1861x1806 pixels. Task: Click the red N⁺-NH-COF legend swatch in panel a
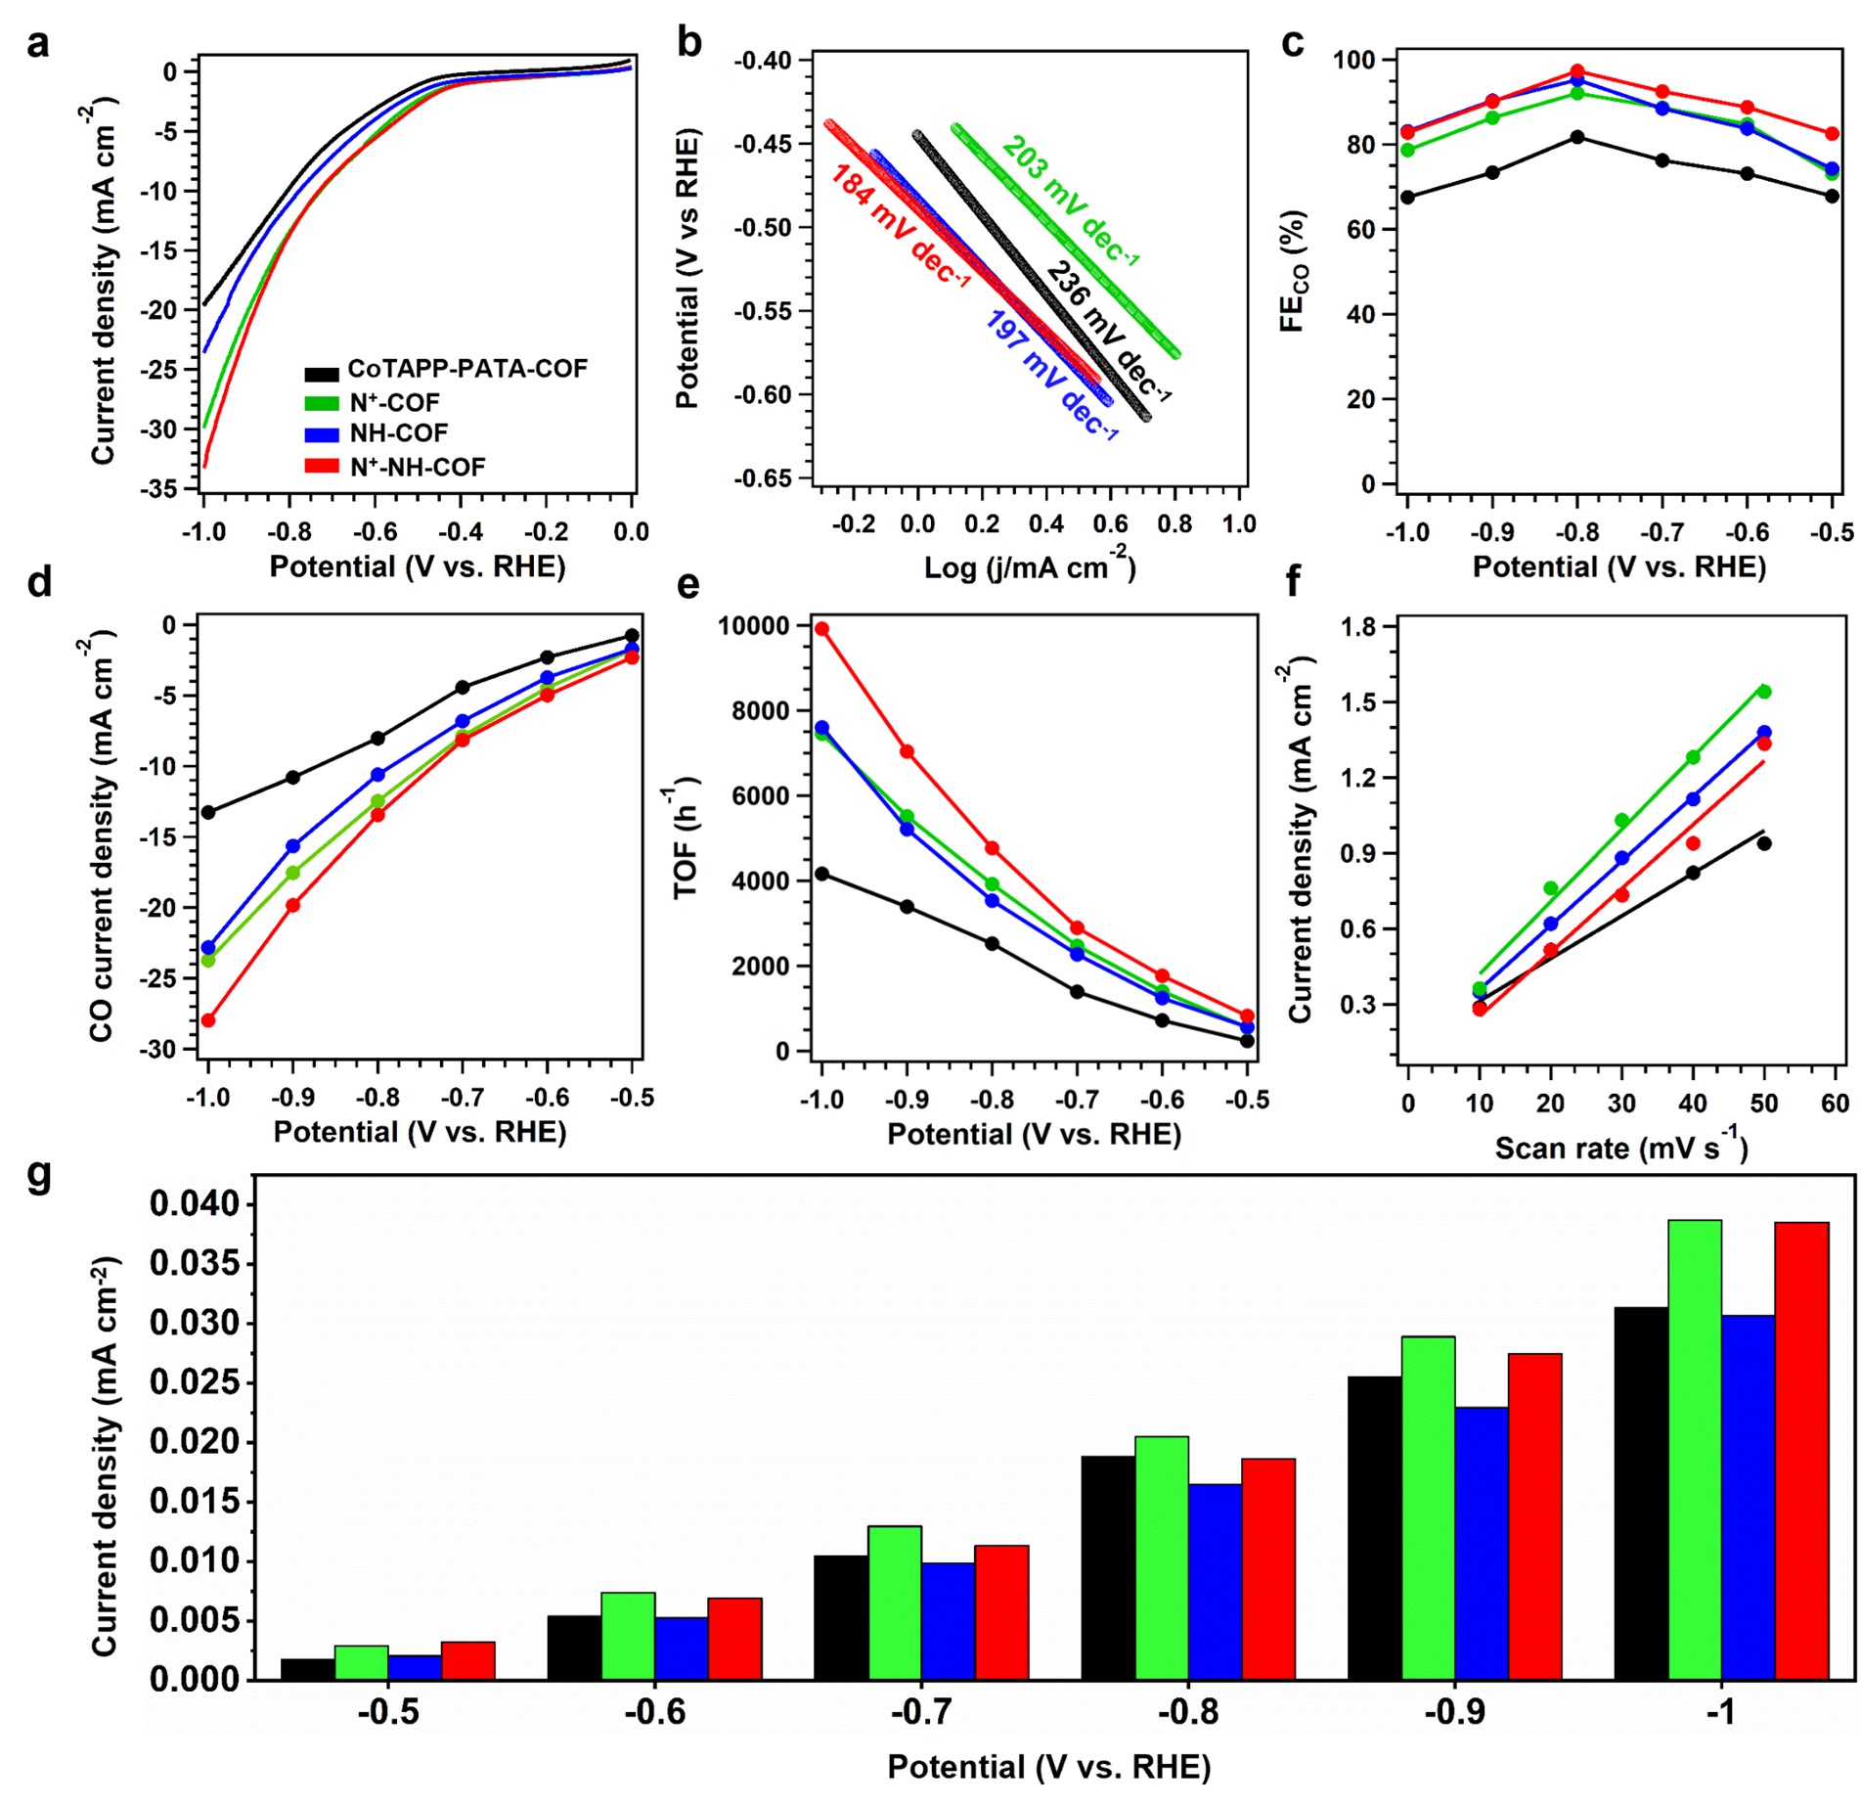click(x=322, y=467)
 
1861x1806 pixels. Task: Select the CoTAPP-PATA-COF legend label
click(x=467, y=369)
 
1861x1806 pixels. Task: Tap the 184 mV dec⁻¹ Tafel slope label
click(x=900, y=226)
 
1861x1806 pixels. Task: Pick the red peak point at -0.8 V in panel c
click(x=1577, y=71)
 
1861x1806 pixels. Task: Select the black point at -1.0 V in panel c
click(x=1407, y=197)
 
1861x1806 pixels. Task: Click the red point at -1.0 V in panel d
click(x=208, y=1020)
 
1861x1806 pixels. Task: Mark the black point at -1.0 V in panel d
click(x=208, y=812)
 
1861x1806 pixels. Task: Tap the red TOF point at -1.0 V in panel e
click(x=821, y=629)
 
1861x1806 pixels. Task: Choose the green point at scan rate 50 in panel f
click(x=1765, y=692)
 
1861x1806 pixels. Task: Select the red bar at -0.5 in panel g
click(x=467, y=1660)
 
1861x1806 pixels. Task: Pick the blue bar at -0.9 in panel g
click(x=1482, y=1544)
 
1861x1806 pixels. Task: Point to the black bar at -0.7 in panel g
click(x=840, y=1617)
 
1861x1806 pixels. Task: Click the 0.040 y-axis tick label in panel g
click(x=194, y=1203)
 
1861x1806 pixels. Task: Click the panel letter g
click(x=39, y=1175)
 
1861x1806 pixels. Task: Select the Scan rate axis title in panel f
click(x=1620, y=1147)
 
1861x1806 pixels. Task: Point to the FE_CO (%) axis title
click(x=1294, y=271)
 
